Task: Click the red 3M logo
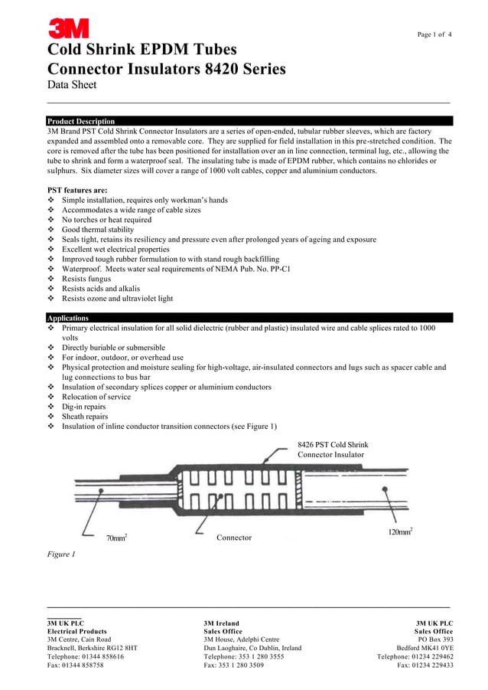[69, 29]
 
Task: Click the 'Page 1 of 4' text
[434, 34]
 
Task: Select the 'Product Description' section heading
[81, 121]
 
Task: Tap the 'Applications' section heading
[67, 318]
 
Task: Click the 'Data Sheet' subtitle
[72, 85]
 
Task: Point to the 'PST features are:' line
[77, 190]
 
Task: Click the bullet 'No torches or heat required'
[106, 220]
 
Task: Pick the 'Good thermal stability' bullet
[98, 230]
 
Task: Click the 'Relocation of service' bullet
[96, 397]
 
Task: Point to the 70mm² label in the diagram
[116, 538]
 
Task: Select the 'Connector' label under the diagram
[234, 538]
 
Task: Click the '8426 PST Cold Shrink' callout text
[333, 445]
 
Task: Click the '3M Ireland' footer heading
[221, 623]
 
